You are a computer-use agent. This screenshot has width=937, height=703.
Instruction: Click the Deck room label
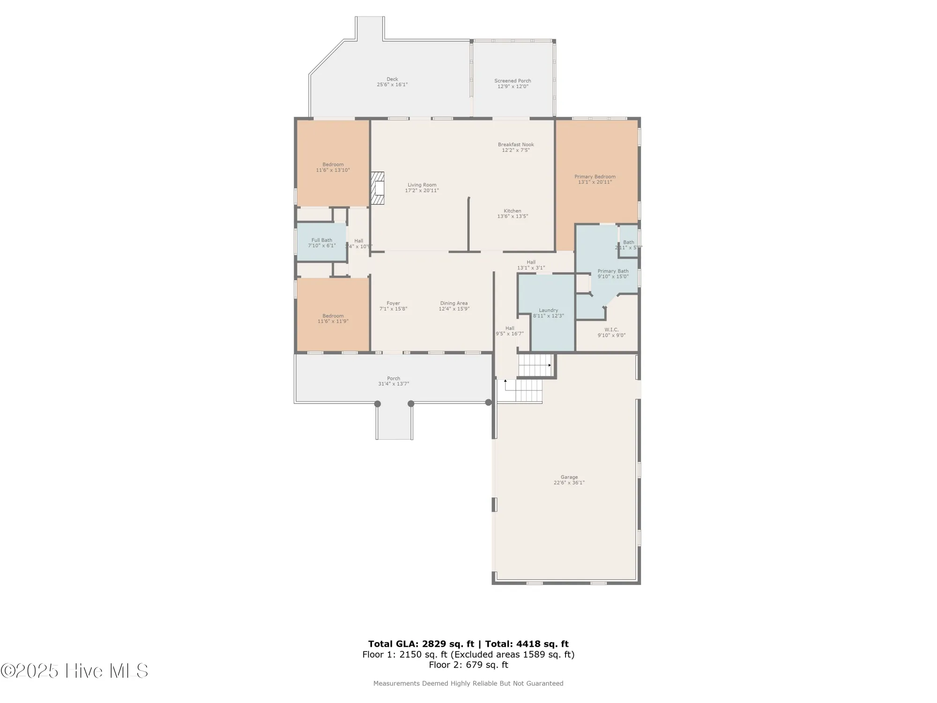pyautogui.click(x=392, y=79)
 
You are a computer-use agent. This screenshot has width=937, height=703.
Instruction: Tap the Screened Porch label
pyautogui.click(x=513, y=81)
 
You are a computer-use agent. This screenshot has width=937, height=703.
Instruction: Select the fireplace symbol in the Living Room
pyautogui.click(x=378, y=188)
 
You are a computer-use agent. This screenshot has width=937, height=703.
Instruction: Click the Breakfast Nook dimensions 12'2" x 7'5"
pyautogui.click(x=515, y=150)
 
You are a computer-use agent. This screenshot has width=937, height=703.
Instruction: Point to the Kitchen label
pyautogui.click(x=512, y=211)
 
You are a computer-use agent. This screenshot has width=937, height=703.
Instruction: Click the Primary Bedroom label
pyautogui.click(x=595, y=177)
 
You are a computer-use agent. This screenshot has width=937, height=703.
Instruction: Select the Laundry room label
pyautogui.click(x=548, y=310)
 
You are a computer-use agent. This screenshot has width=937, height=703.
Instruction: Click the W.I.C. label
pyautogui.click(x=611, y=329)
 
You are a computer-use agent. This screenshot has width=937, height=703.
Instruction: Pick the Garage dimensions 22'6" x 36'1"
pyautogui.click(x=569, y=483)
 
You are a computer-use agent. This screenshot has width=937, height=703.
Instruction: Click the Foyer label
pyautogui.click(x=393, y=303)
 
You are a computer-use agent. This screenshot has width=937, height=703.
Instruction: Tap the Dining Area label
pyautogui.click(x=454, y=303)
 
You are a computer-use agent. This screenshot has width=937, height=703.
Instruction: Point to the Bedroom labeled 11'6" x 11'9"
pyautogui.click(x=333, y=319)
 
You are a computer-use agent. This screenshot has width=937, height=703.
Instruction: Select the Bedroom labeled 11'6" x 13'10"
pyautogui.click(x=333, y=167)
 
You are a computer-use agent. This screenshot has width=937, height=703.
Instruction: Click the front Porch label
pyautogui.click(x=394, y=378)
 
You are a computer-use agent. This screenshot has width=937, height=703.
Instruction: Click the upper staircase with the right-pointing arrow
pyautogui.click(x=535, y=365)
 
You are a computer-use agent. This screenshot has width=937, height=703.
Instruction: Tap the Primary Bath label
pyautogui.click(x=613, y=271)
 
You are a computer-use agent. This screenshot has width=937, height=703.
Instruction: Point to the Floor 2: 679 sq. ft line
pyautogui.click(x=468, y=665)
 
